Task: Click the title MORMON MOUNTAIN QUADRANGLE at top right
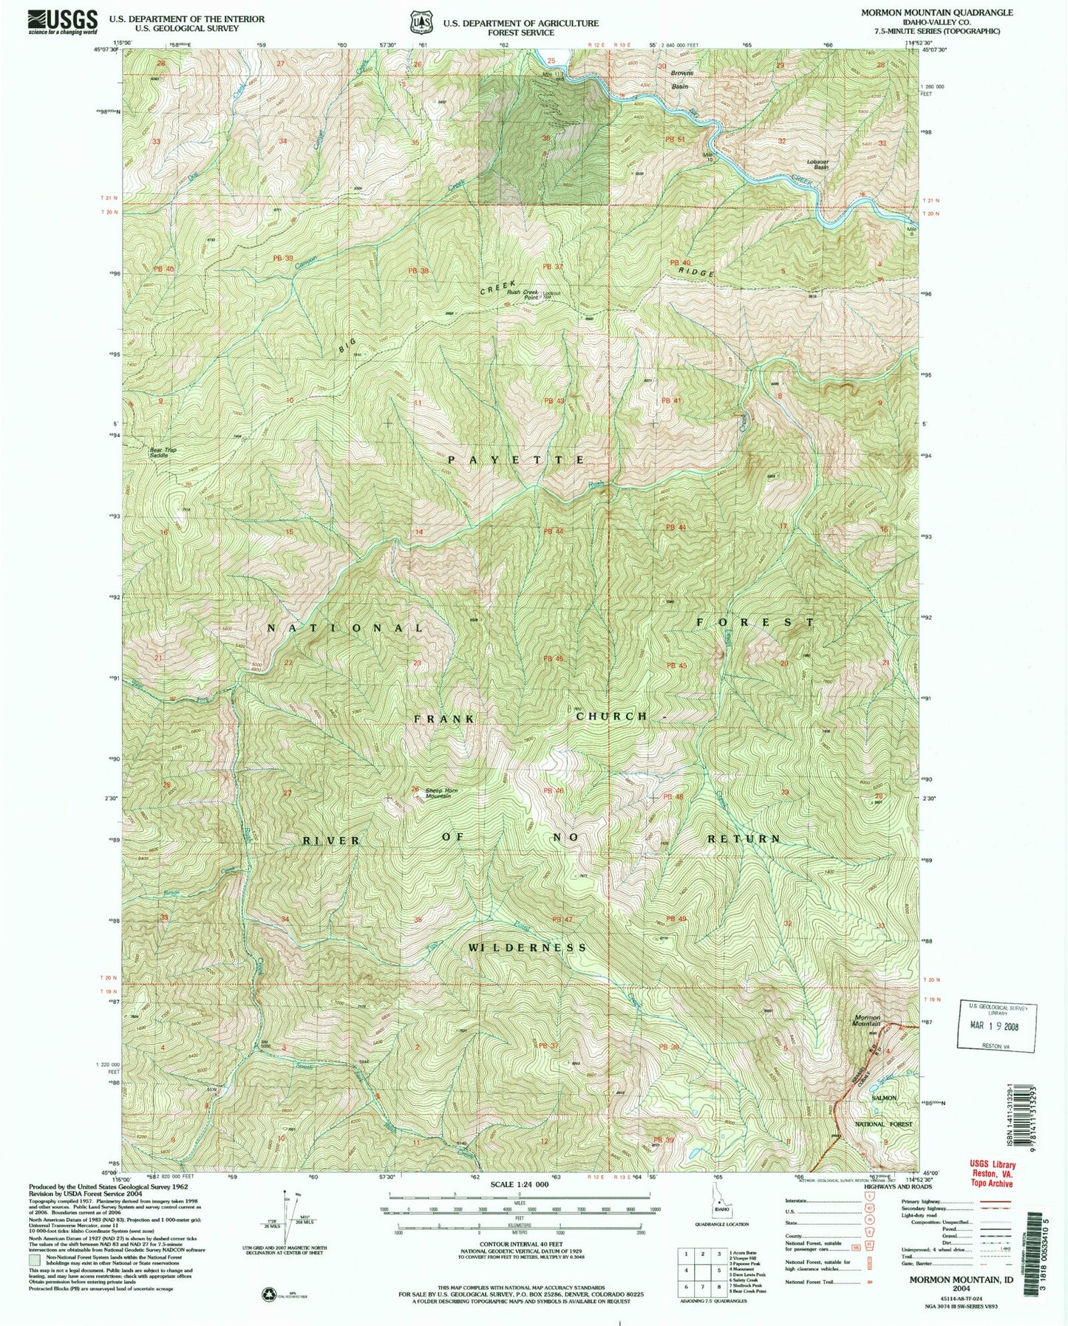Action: pos(936,13)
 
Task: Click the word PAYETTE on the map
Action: pos(517,459)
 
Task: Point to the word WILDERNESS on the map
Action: pos(527,947)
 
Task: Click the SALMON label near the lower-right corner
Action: pos(884,1098)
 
